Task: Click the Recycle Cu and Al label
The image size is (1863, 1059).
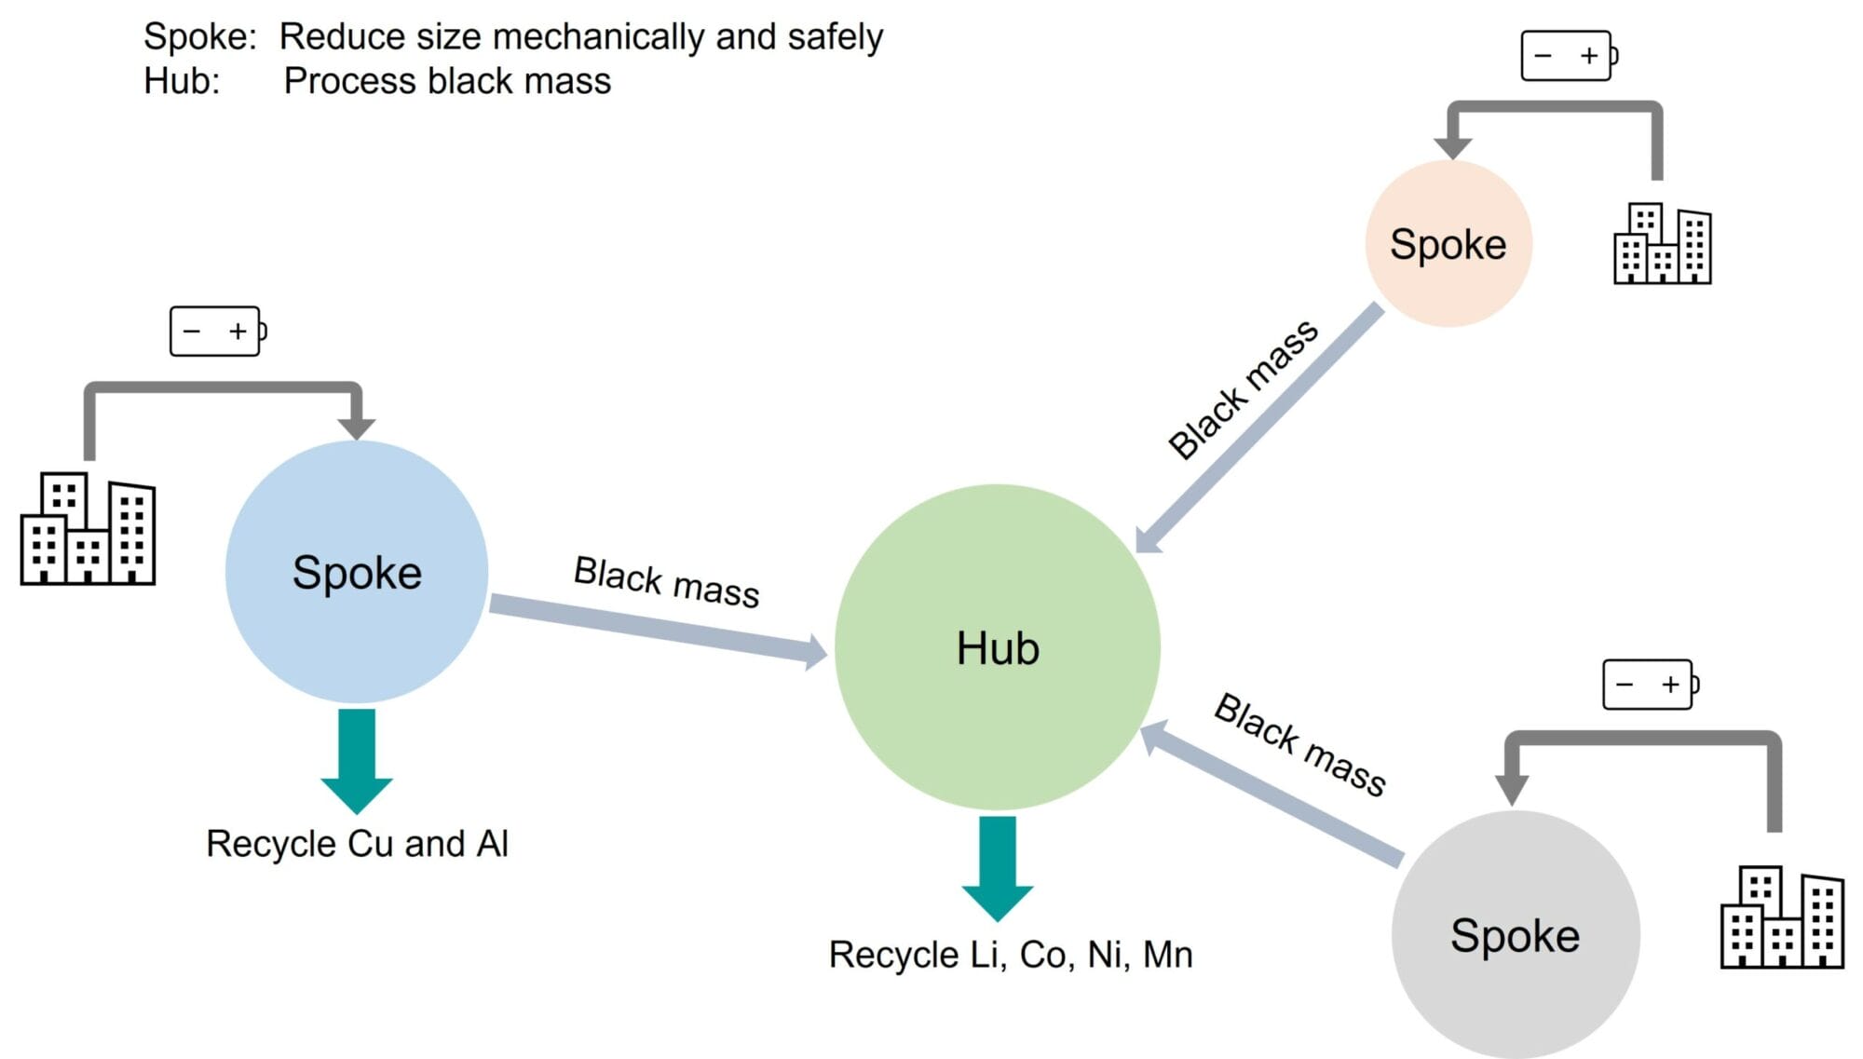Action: pos(357,844)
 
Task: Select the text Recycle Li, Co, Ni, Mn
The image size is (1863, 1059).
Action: pos(1011,955)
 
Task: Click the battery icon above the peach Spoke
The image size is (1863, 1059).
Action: pos(1569,56)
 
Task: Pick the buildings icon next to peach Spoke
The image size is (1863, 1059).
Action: pos(1663,244)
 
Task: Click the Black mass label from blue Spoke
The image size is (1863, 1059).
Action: pos(666,582)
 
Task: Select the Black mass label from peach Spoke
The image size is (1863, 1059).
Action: pos(1242,389)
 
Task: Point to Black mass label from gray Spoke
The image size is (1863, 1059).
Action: pos(1299,744)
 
